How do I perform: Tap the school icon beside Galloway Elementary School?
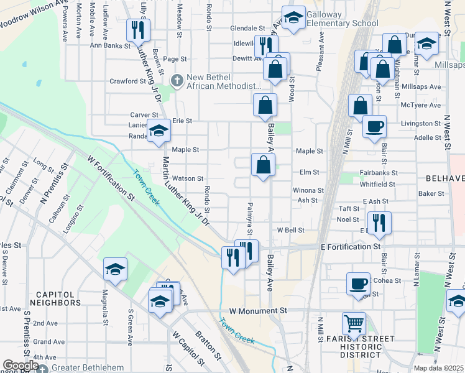tap(293, 16)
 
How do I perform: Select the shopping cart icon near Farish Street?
tap(354, 323)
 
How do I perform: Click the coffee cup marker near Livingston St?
tap(374, 127)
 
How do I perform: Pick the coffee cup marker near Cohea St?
tap(357, 283)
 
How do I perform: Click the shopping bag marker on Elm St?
tap(263, 165)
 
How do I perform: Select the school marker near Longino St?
tap(115, 269)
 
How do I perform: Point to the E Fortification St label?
tap(350, 247)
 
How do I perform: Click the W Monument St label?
tap(258, 310)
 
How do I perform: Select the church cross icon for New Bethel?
tap(177, 80)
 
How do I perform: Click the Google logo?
tap(21, 366)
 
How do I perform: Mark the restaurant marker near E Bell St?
tap(378, 222)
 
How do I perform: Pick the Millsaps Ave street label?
tap(421, 86)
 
